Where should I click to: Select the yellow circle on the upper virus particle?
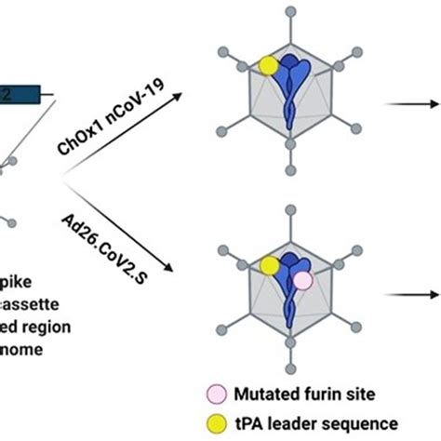[268, 65]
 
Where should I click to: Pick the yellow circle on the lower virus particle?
[270, 266]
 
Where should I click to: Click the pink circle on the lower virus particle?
[302, 279]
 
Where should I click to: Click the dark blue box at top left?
[19, 93]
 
